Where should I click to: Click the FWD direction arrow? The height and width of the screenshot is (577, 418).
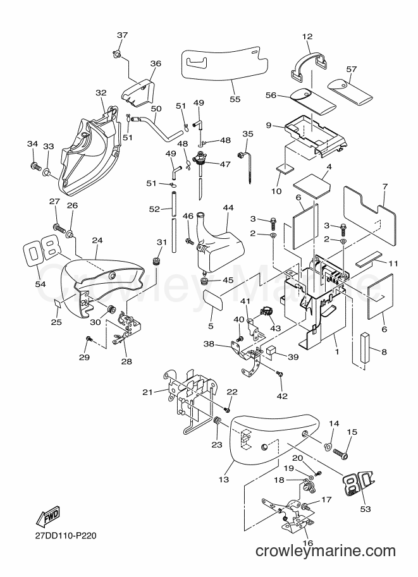tap(47, 516)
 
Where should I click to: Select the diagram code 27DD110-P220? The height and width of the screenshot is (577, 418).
tap(66, 535)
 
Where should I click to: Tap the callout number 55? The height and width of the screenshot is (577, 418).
tap(235, 99)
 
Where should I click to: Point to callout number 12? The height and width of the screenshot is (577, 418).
tap(307, 37)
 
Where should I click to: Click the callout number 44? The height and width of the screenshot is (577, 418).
tap(228, 207)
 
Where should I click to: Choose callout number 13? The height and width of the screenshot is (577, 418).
tap(224, 479)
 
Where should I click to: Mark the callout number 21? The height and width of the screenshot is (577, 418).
tap(148, 392)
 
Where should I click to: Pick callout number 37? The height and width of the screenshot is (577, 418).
tap(122, 35)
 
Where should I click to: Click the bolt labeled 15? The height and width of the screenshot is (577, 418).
tap(341, 453)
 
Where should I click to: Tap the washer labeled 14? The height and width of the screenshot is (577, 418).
tap(327, 447)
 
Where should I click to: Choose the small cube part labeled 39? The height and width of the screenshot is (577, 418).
tap(273, 350)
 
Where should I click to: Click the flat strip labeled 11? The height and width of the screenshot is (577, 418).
tap(369, 258)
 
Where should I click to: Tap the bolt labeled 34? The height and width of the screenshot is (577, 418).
tap(35, 166)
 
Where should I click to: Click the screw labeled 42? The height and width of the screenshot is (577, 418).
tap(280, 375)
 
